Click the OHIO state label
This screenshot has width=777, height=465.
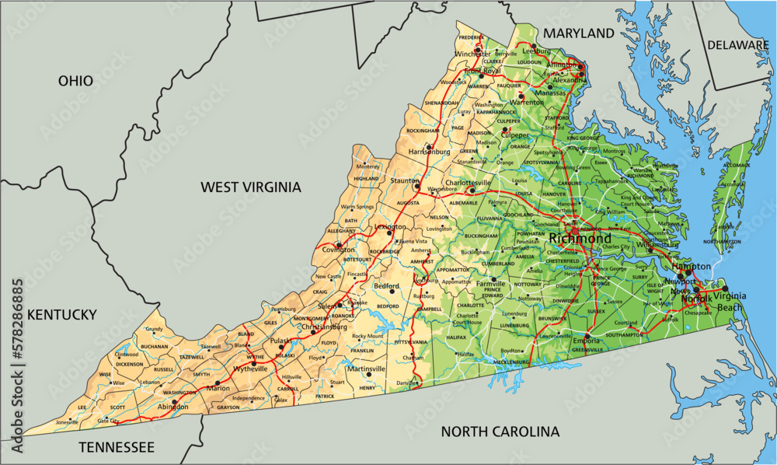75,81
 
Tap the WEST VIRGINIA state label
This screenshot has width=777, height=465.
250,187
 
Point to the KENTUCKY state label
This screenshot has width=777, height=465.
61,315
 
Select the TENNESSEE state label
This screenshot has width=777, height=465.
117,447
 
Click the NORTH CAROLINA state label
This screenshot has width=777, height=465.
500,432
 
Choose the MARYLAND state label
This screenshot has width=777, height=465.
578,33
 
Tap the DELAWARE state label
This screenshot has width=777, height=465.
737,45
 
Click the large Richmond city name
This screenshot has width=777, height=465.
579,238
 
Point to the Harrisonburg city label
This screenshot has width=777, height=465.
430,150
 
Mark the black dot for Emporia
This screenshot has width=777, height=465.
587,337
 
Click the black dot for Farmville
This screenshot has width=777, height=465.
493,278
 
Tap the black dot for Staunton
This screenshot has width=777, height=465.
416,187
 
